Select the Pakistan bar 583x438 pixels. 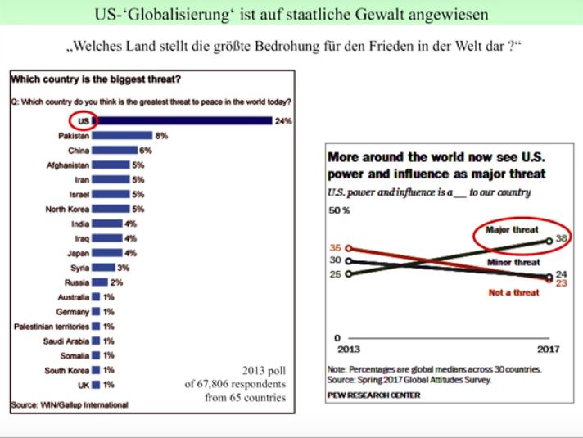coord(122,136)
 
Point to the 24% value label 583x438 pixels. coord(283,121)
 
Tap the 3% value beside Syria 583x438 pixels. coord(124,268)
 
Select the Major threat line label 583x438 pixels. coord(512,230)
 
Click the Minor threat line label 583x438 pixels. coord(513,263)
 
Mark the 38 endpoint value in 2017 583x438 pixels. coord(562,239)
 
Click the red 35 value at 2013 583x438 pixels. coord(335,246)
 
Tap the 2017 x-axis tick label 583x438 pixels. coord(548,350)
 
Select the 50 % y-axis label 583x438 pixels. coord(339,210)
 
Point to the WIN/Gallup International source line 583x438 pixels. coord(69,404)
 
